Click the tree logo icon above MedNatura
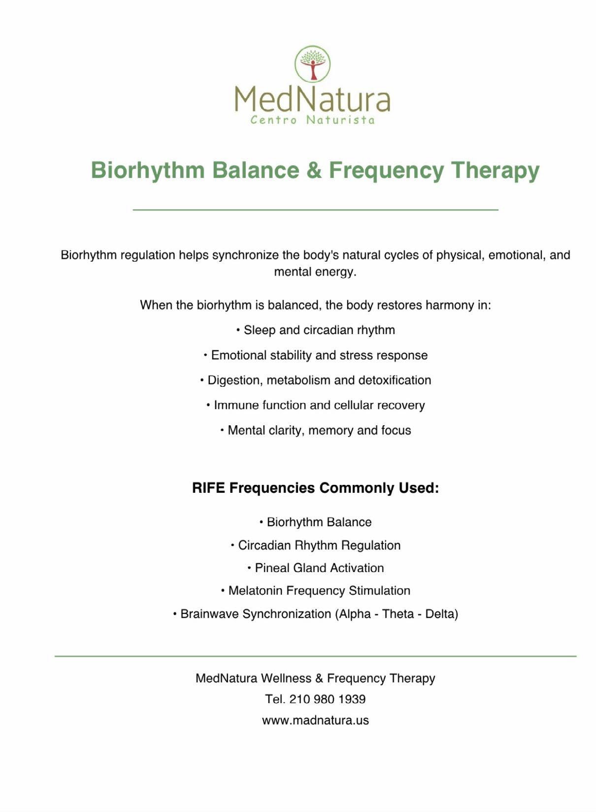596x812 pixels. [312, 64]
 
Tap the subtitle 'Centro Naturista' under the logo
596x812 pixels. [312, 120]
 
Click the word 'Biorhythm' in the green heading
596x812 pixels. [148, 170]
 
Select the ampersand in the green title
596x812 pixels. [314, 170]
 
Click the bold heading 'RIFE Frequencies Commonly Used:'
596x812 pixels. [315, 488]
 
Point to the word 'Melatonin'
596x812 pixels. [255, 591]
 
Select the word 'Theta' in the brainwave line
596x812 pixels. [397, 614]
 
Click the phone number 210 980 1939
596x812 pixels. [328, 699]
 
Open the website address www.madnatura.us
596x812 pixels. [315, 720]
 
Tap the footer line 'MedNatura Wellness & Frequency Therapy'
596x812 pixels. [315, 678]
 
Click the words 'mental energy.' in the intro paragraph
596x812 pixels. [315, 272]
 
